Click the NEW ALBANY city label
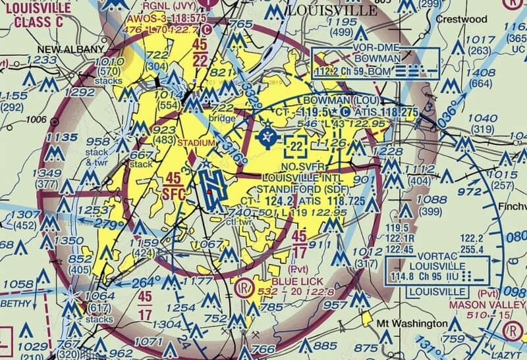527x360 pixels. tap(70, 49)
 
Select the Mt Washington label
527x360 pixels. tap(412, 324)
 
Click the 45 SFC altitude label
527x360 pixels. tap(173, 185)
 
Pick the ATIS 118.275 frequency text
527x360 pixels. tap(383, 113)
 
